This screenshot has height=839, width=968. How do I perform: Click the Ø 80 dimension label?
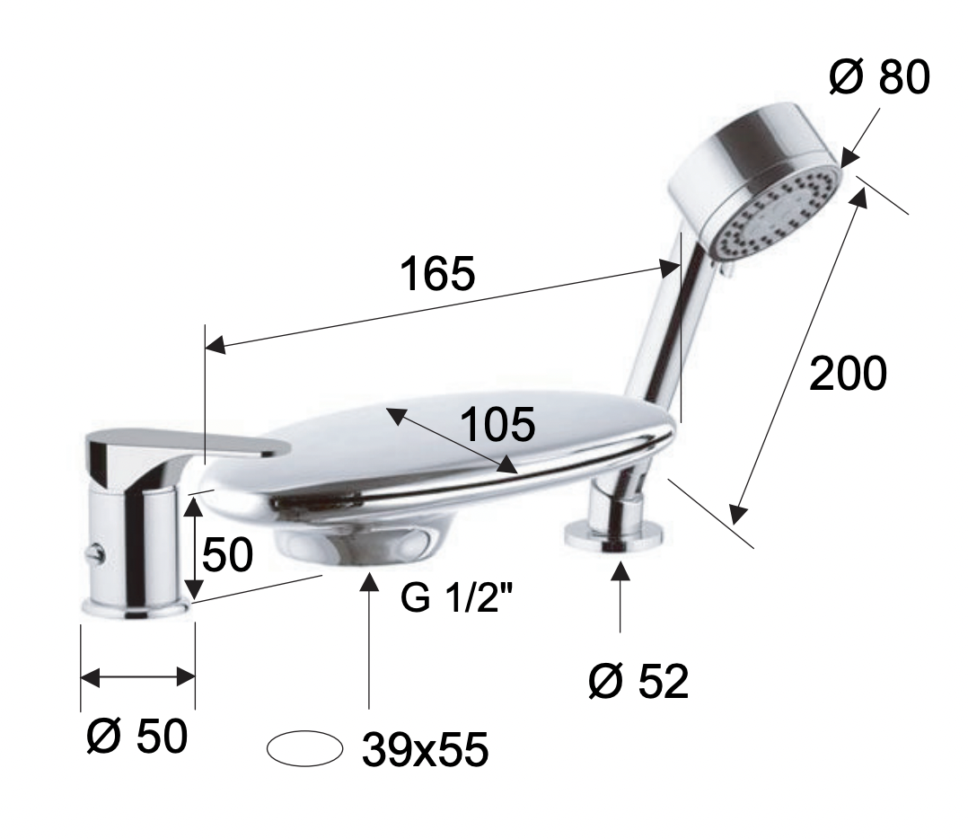point(879,78)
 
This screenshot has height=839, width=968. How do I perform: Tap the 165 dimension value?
point(437,273)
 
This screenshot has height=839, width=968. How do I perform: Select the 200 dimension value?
point(848,373)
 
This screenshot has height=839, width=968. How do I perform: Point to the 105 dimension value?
point(497,425)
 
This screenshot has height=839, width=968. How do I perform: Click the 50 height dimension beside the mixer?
point(227,553)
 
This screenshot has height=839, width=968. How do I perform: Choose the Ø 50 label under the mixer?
point(136,736)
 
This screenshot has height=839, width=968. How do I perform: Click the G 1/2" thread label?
point(457,596)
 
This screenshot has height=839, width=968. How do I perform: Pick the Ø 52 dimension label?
point(638,682)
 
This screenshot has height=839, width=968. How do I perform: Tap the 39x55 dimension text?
point(426,749)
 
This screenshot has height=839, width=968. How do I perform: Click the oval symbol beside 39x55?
point(305,748)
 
